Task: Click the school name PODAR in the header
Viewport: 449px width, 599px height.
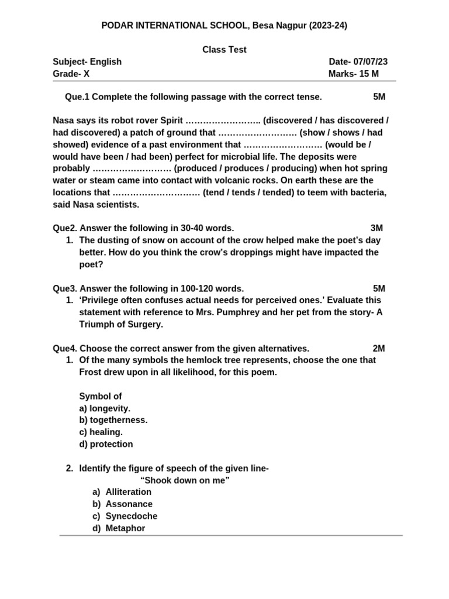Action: tap(118, 25)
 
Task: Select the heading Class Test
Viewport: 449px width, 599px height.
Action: tap(224, 50)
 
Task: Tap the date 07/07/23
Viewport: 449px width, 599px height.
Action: tap(370, 62)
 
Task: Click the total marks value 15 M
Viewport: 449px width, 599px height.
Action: tap(367, 74)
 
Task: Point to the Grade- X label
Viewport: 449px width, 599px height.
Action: tap(71, 74)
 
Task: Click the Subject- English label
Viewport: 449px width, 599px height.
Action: tap(87, 62)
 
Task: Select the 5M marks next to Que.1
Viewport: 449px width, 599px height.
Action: tap(379, 97)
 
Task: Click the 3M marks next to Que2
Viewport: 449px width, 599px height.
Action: tap(377, 228)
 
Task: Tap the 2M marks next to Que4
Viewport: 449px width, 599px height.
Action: tap(379, 348)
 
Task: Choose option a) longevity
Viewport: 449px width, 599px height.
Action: tap(105, 408)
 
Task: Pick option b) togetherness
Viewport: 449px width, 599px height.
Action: tap(113, 420)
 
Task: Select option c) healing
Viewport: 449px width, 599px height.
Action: tap(101, 432)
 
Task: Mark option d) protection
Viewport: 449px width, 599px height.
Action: tap(106, 444)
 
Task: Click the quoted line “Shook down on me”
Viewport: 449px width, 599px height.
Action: tap(185, 480)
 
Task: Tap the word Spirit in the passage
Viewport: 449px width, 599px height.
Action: tap(170, 121)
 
